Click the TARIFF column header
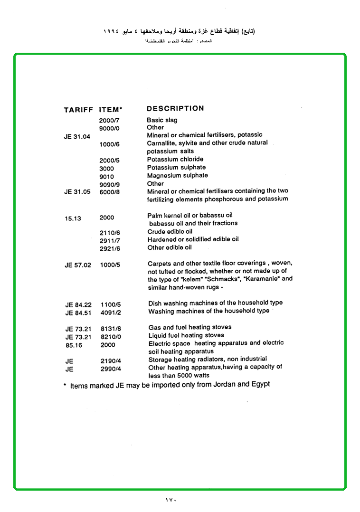(x=78, y=110)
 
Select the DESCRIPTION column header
(x=175, y=108)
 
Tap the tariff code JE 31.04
(x=77, y=137)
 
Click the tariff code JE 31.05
(x=77, y=192)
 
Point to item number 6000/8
(x=110, y=192)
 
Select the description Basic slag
(x=162, y=120)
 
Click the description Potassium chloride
(x=175, y=159)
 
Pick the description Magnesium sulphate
(x=177, y=175)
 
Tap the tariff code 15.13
(x=73, y=218)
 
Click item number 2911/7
(x=110, y=241)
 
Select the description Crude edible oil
(x=170, y=232)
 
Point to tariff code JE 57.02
(x=77, y=265)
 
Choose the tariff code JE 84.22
(x=78, y=304)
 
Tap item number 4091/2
(x=111, y=313)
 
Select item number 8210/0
(x=111, y=337)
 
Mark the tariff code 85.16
(x=74, y=345)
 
